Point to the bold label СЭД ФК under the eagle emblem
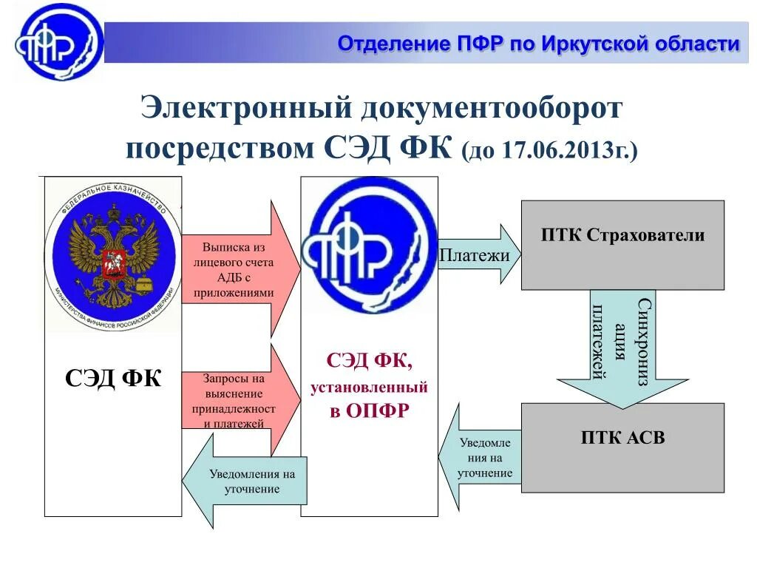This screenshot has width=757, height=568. pos(113,379)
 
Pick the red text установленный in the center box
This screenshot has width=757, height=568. pos(369,387)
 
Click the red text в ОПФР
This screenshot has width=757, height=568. pos(369,411)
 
